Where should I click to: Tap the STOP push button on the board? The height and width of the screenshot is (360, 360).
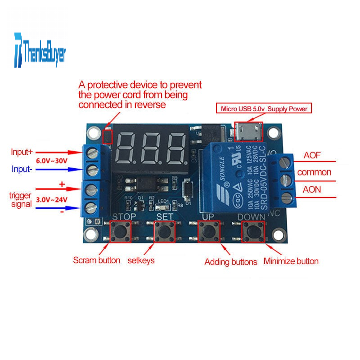[x=121, y=232]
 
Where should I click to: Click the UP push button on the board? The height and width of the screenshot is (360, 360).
[x=208, y=232]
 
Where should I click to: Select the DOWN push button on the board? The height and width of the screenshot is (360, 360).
[x=252, y=232]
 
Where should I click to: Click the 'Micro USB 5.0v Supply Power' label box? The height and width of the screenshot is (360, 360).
[x=263, y=108]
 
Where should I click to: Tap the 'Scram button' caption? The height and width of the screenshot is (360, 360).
[x=96, y=260]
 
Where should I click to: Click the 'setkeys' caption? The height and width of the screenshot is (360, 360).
[x=141, y=260]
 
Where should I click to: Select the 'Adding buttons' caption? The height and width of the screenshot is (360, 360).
[x=230, y=261]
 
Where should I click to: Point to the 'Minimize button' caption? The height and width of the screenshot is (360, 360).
[x=291, y=261]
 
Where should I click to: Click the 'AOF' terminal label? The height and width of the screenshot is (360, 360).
[x=312, y=156]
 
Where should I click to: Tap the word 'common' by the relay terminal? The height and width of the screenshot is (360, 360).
[x=314, y=172]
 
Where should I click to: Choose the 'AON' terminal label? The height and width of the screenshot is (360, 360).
[x=312, y=189]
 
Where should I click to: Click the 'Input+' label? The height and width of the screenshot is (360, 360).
[x=22, y=152]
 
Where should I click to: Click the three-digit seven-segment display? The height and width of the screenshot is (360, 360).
[x=151, y=148]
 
